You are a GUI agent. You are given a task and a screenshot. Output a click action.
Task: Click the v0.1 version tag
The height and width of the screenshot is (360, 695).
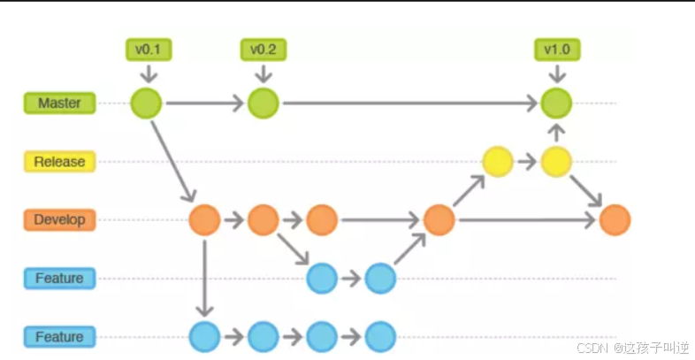click(x=148, y=50)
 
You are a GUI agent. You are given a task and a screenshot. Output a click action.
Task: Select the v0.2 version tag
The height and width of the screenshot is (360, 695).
click(x=263, y=50)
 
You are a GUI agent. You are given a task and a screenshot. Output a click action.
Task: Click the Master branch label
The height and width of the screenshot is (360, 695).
click(x=58, y=103)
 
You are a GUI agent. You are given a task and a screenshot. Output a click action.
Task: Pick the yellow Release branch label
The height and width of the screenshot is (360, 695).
click(x=58, y=162)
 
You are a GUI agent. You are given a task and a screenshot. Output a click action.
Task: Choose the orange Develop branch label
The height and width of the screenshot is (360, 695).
click(x=58, y=219)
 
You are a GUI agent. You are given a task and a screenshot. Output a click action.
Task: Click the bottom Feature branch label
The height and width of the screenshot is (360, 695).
click(x=58, y=337)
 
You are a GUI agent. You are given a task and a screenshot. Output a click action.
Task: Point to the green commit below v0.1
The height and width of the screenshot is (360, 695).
click(x=147, y=103)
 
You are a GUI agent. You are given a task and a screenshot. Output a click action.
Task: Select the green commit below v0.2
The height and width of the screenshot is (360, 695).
click(x=263, y=103)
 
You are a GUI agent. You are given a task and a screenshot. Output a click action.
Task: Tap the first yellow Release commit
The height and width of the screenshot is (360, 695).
click(x=498, y=162)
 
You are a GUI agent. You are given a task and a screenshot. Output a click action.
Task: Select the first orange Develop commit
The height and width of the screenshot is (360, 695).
click(x=204, y=219)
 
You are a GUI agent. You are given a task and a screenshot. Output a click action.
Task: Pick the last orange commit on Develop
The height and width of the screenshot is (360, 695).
click(x=615, y=219)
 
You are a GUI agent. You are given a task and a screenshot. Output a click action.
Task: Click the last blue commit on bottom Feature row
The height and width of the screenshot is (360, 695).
click(x=380, y=337)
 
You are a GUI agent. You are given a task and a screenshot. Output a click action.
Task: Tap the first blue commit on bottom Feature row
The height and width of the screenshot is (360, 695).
click(x=204, y=337)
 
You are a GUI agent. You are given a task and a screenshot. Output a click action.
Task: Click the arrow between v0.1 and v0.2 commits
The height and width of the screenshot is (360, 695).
click(x=204, y=103)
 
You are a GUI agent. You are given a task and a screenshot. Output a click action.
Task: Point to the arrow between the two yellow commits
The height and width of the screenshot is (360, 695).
click(x=528, y=162)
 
